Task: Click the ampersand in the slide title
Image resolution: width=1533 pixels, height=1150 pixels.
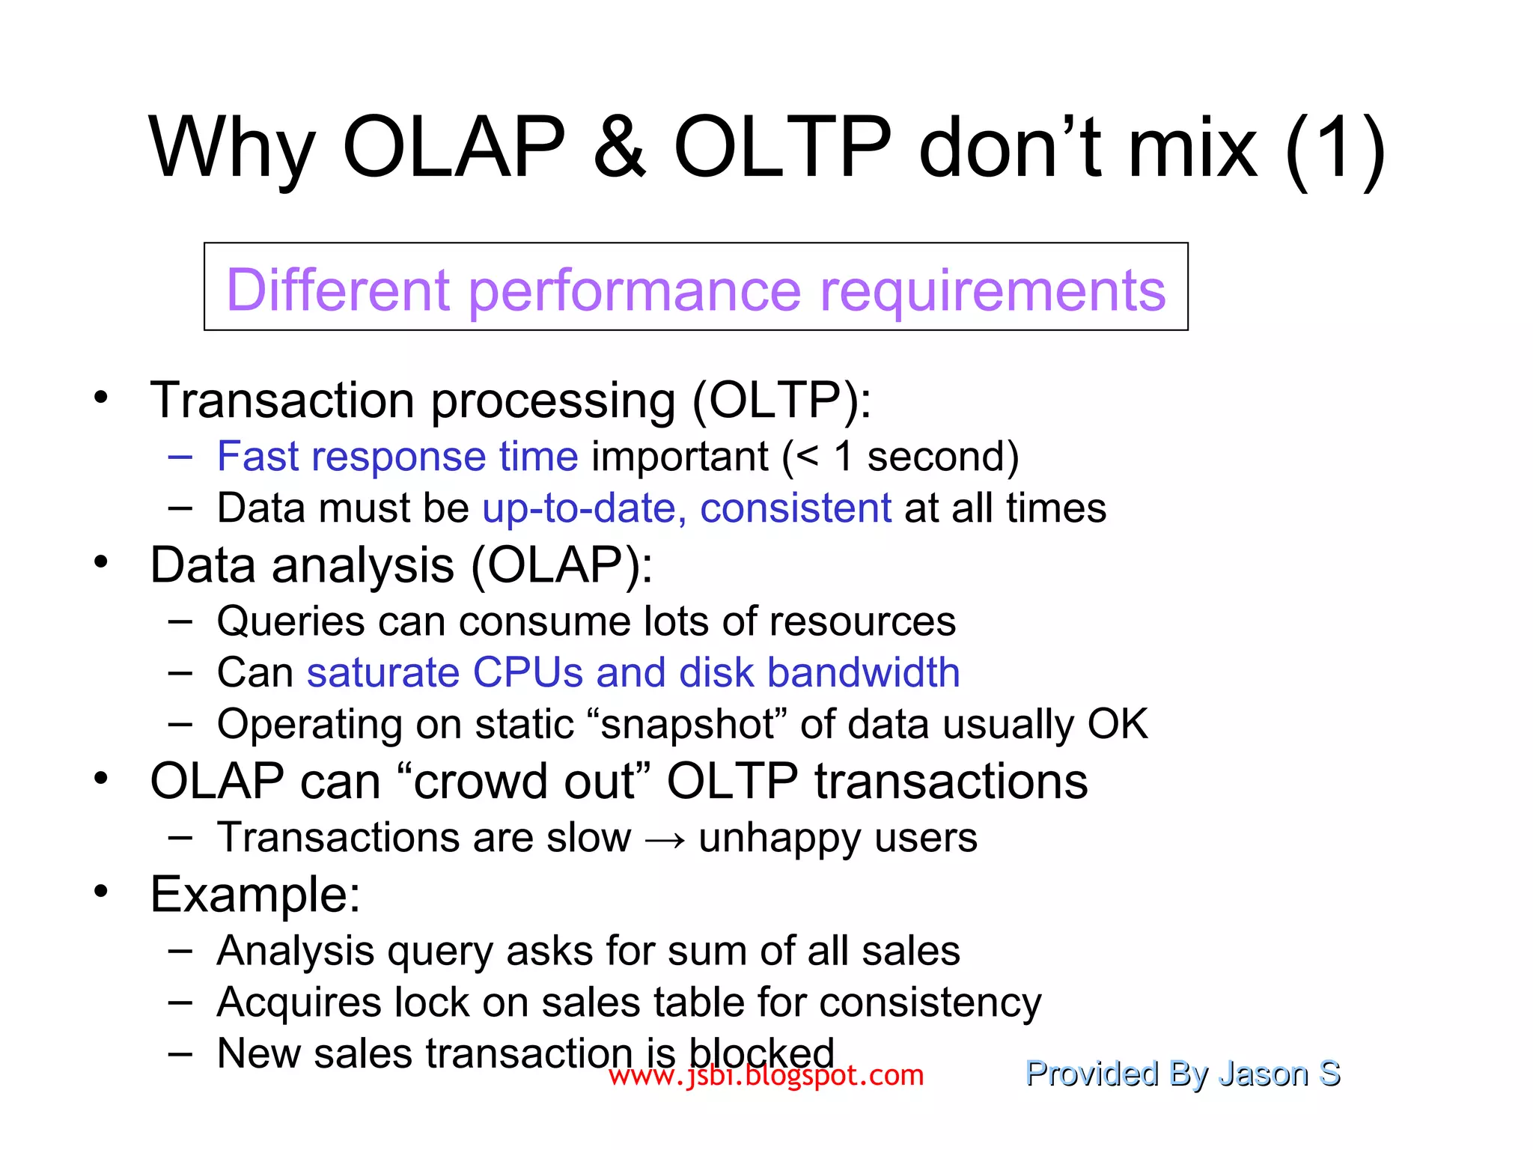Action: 619,147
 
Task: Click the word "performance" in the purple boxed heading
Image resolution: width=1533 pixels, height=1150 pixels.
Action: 634,290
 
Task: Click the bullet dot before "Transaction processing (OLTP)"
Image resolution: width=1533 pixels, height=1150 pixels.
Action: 101,398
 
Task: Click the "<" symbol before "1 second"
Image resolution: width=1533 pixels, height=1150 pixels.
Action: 808,457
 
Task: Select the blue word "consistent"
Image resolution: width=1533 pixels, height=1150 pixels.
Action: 795,508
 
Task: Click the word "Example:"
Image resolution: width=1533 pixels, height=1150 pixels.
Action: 255,894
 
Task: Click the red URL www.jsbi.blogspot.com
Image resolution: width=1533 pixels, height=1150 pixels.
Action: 766,1076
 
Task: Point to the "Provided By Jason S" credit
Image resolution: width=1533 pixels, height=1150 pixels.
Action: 1182,1074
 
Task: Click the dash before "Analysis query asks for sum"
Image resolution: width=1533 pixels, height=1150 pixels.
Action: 180,951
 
